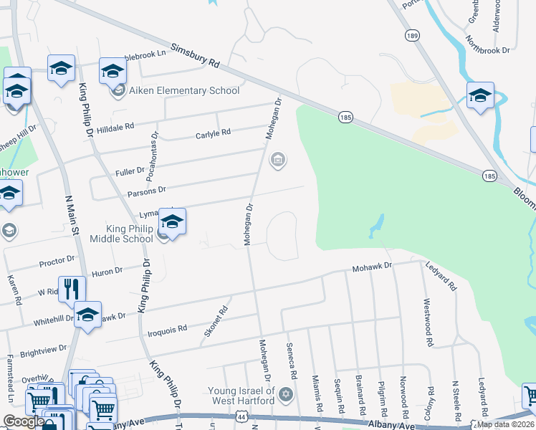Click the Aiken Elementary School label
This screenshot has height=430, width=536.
coord(183,91)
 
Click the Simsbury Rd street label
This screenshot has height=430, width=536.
coord(194,57)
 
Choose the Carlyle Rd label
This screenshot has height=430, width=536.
coord(213,133)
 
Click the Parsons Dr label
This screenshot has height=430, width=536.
coord(146,191)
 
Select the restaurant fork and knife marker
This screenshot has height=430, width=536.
coord(71,289)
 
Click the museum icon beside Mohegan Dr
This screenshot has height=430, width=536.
coord(277,161)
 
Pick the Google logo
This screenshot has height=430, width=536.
coord(23,421)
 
